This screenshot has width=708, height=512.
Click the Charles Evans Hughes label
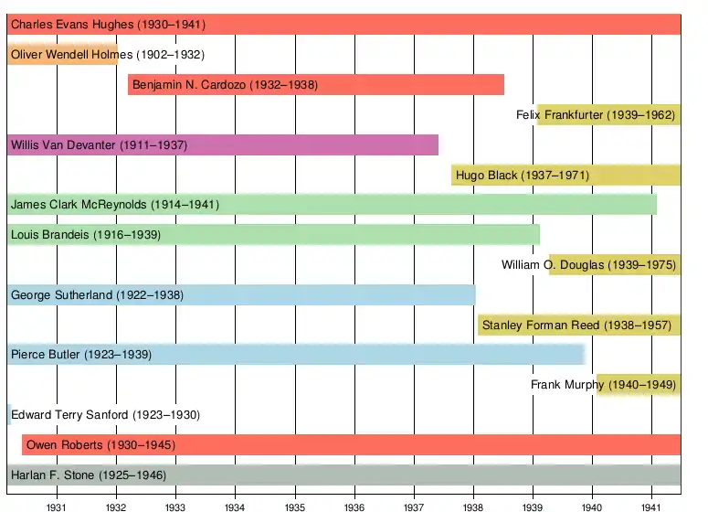[108, 25]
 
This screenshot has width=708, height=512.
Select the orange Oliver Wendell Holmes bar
[62, 54]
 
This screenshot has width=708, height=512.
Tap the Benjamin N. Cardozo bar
[316, 85]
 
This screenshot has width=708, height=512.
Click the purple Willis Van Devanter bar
[222, 144]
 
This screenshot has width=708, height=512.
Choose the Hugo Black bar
[565, 175]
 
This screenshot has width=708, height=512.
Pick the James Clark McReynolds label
[115, 205]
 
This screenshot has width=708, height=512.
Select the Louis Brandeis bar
[273, 235]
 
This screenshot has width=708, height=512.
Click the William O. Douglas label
[588, 265]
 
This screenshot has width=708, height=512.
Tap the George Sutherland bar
[241, 294]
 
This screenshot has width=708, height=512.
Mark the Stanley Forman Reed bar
[578, 325]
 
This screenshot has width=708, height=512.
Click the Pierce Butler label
[81, 355]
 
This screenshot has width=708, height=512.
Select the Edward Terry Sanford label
[105, 415]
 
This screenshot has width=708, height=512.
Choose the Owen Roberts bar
[352, 445]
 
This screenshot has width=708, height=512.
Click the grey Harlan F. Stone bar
[343, 475]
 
